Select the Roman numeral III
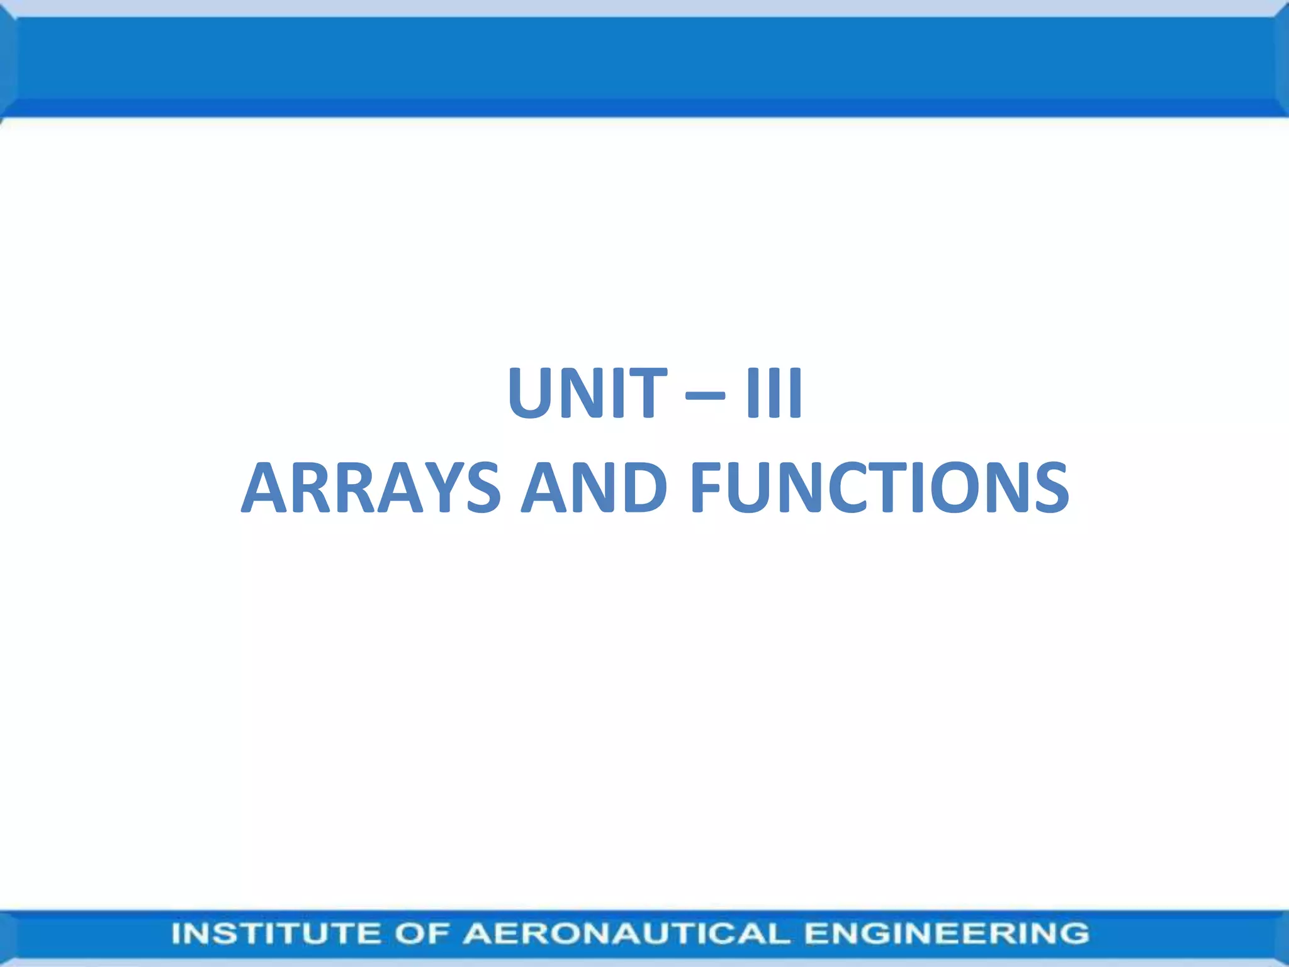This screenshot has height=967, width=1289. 774,393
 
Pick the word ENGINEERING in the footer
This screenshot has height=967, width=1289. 947,933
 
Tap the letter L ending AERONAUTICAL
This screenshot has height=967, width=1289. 779,933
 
